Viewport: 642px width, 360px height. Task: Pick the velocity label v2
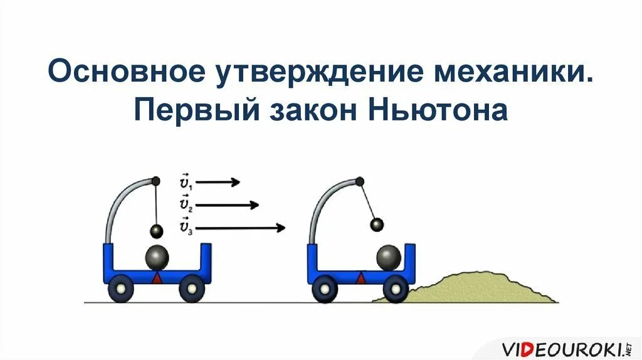pyautogui.click(x=186, y=205)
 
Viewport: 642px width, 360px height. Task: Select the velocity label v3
pyautogui.click(x=186, y=226)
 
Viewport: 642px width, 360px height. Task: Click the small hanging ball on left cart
pyautogui.click(x=156, y=231)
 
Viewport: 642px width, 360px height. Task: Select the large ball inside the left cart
pyautogui.click(x=157, y=258)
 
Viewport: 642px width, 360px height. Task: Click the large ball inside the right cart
pyautogui.click(x=389, y=258)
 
